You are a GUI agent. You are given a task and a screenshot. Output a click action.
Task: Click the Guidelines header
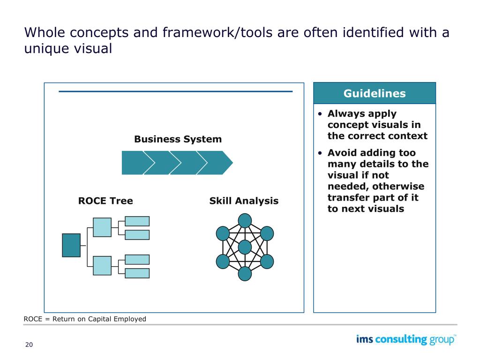tap(374, 93)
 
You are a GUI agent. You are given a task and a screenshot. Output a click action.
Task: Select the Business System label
tap(178, 139)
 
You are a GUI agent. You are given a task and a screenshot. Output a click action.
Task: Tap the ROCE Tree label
tap(105, 201)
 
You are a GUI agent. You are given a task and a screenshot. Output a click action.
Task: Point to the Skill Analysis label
tap(244, 201)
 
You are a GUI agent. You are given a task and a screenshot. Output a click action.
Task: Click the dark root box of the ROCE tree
tap(71, 245)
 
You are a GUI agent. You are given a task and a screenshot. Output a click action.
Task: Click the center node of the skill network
tap(245, 247)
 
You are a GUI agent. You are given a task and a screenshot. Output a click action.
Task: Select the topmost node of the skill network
tap(245, 220)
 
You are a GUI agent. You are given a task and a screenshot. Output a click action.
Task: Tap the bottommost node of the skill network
tap(245, 274)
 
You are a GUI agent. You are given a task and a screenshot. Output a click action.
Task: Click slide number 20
tap(29, 345)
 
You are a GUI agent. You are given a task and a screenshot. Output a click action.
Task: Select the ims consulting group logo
tap(406, 340)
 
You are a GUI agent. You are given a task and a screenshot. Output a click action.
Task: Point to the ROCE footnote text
tap(85, 319)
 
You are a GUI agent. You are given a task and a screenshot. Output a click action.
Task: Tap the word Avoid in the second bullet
tap(341, 153)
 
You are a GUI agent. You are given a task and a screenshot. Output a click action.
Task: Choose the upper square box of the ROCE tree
tap(102, 227)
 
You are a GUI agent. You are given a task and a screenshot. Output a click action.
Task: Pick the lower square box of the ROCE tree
tap(102, 265)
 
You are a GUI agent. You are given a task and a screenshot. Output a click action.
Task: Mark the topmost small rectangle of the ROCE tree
tap(137, 221)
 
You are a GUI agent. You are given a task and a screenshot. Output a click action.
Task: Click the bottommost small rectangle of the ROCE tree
tap(137, 273)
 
